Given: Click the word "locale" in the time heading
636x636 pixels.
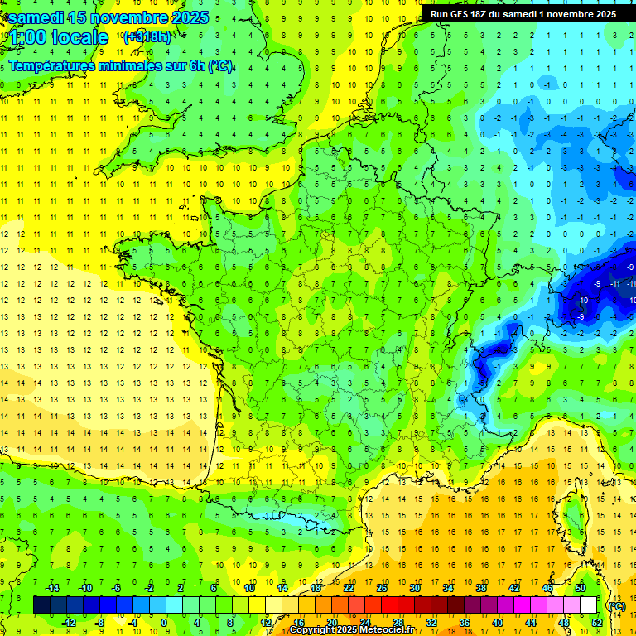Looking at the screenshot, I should pyautogui.click(x=79, y=37).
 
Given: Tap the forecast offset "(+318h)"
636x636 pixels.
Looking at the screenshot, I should pyautogui.click(x=147, y=37).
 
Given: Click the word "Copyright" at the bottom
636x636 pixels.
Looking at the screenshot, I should pyautogui.click(x=313, y=629).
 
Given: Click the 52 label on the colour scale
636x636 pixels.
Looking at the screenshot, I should pyautogui.click(x=597, y=622).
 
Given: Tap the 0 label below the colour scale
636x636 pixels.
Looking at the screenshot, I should pyautogui.click(x=164, y=622).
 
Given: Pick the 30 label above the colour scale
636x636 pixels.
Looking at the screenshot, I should pyautogui.click(x=414, y=588).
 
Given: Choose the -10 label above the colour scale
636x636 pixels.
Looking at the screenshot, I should pyautogui.click(x=84, y=588).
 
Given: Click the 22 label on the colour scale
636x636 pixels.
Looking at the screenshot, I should pyautogui.click(x=349, y=588).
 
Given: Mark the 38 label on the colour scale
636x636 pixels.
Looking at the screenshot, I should pyautogui.click(x=480, y=588).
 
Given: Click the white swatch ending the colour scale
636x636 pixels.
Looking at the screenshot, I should pyautogui.click(x=588, y=605).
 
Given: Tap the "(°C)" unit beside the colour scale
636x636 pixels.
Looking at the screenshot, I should pyautogui.click(x=616, y=605).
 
